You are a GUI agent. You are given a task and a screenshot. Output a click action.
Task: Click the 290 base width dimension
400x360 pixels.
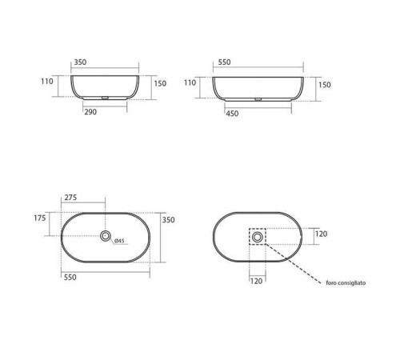(90, 112)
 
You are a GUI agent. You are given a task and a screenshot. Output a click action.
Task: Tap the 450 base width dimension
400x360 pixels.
(232, 114)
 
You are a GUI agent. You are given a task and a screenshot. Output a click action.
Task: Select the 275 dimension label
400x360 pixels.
(70, 198)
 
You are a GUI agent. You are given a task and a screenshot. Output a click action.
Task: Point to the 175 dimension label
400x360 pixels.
(40, 218)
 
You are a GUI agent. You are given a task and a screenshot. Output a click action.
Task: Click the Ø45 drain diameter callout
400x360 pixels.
(119, 241)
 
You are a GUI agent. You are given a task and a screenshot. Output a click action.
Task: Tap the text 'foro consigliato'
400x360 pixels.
(346, 283)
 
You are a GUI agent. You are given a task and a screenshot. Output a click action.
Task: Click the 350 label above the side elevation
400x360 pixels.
(80, 62)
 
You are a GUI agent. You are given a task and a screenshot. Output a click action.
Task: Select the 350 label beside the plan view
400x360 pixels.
(169, 220)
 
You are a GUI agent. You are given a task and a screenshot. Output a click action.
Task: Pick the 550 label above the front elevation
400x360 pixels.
(224, 62)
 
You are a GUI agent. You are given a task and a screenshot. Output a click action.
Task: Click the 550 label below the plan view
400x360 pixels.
(70, 278)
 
